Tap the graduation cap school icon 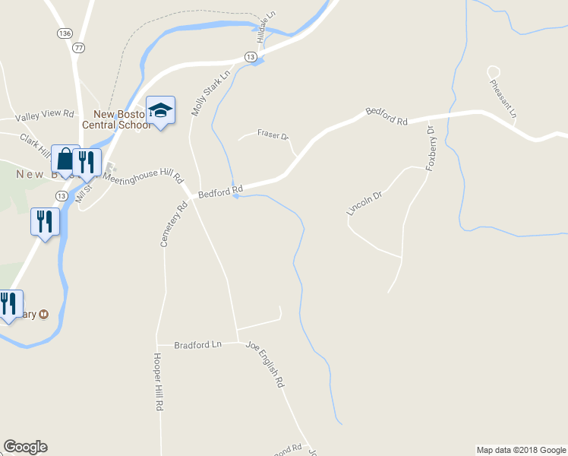point(160,111)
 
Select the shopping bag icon point(65,160)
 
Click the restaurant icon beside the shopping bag point(87,161)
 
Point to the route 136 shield point(65,33)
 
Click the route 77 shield point(78,47)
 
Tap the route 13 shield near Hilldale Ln point(250,57)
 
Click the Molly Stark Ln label point(210,94)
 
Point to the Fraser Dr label point(273,135)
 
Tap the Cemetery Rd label point(173,224)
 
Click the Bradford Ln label point(197,345)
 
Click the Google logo point(25,448)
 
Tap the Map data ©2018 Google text point(521,450)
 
